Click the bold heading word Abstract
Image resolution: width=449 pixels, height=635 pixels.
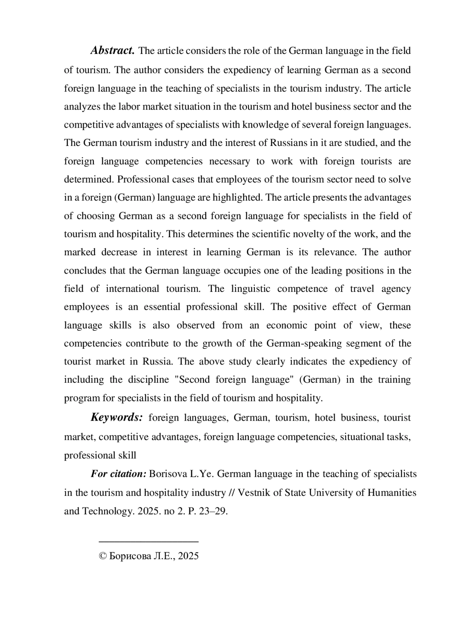tap(112, 51)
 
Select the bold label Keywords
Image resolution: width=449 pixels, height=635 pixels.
tap(116, 418)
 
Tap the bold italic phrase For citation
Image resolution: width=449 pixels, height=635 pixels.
tap(118, 474)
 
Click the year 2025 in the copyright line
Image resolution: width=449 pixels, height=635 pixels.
tap(189, 556)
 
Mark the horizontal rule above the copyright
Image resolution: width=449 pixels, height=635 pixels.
tap(149, 541)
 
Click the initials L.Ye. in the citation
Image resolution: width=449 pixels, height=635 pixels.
tap(202, 474)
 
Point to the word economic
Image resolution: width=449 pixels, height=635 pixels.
tap(287, 325)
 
